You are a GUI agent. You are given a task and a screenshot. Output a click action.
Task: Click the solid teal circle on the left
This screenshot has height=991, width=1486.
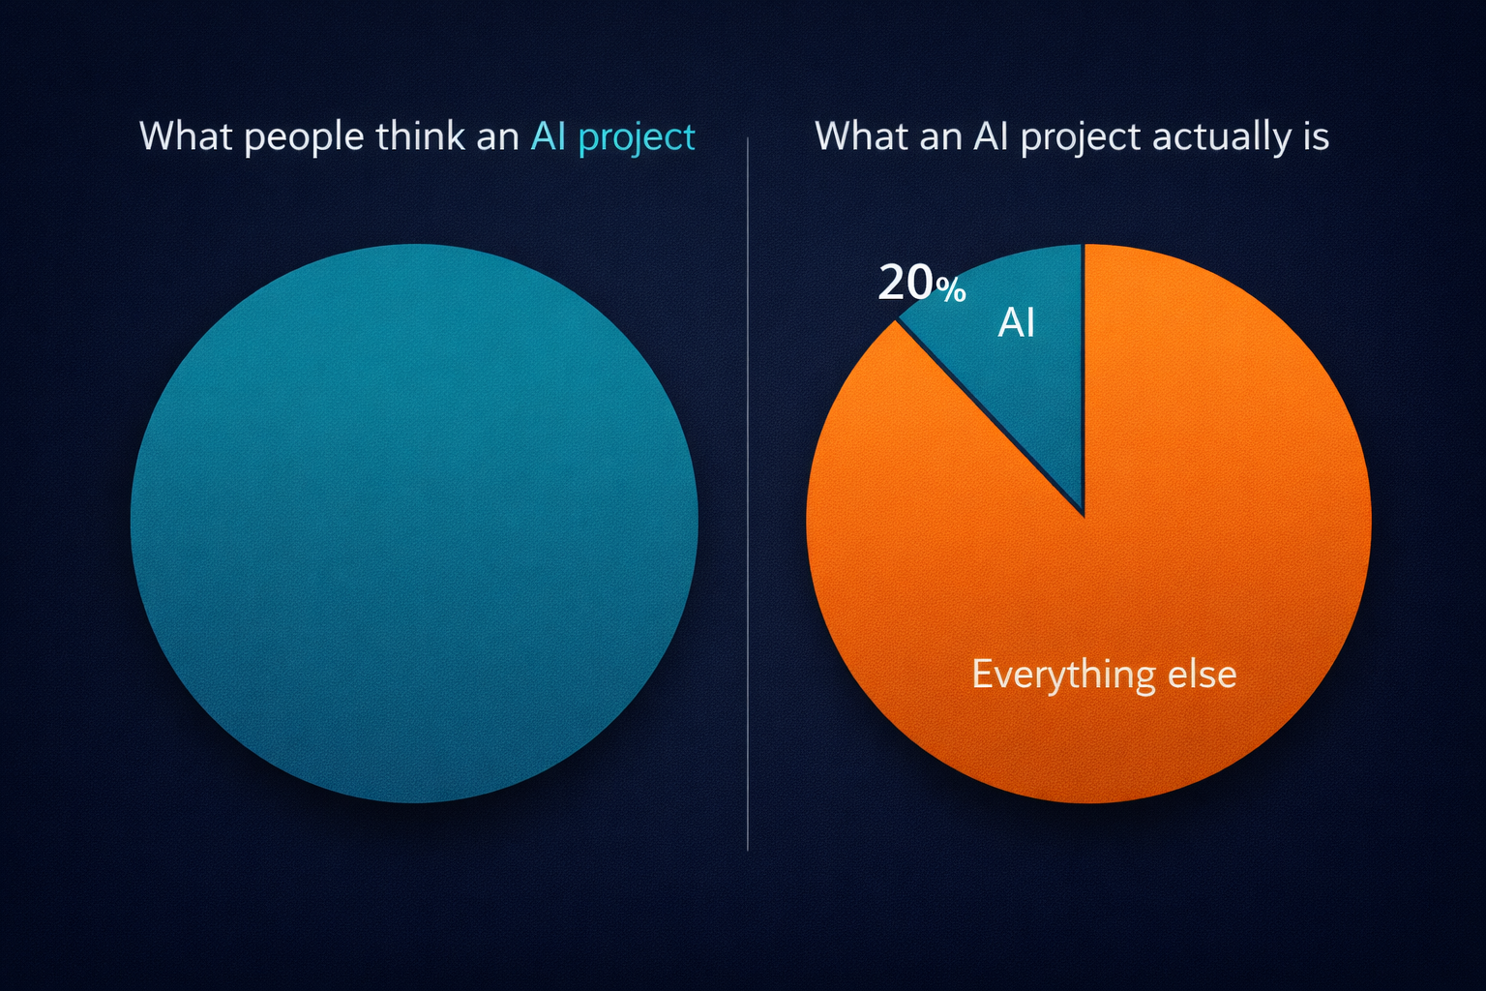point(414,523)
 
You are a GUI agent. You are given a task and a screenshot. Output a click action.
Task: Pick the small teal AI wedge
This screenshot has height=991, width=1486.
point(1025,387)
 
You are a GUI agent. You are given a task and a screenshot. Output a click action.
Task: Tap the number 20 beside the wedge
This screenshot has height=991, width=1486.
point(906,283)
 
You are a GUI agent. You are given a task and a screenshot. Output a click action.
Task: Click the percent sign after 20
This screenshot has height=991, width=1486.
point(951,289)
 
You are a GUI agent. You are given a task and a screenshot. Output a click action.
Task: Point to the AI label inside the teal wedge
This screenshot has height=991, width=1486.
point(1016,322)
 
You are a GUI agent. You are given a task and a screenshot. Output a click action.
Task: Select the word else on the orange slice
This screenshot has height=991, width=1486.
point(1203,675)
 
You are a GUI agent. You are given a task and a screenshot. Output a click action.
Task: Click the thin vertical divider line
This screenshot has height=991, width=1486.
point(748,494)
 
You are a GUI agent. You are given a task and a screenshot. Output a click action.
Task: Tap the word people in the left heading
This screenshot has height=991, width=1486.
point(304,137)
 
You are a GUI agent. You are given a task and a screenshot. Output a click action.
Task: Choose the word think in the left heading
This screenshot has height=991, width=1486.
point(420,136)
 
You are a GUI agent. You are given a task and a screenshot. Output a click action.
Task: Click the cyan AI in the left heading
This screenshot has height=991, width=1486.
point(549,136)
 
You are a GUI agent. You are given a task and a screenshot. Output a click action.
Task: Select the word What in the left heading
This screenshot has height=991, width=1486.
point(185,136)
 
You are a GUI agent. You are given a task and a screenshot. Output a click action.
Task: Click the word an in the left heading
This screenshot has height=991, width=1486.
point(497,137)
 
